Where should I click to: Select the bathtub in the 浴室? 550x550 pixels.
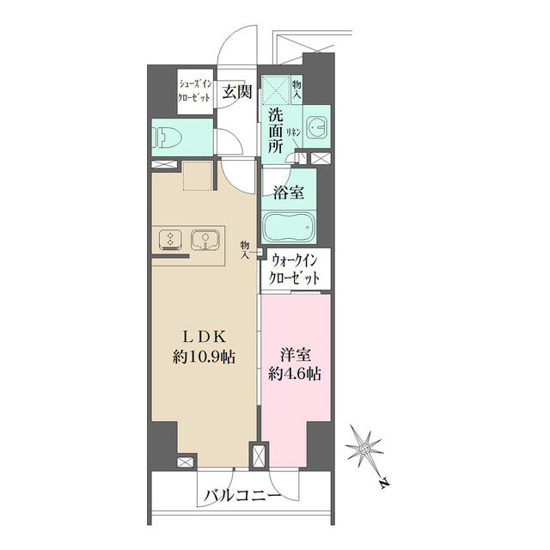pos(289,229)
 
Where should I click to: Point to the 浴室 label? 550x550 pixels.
pos(289,192)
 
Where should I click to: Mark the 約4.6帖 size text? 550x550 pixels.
pos(295,375)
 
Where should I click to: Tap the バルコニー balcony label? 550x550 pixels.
pos(241,496)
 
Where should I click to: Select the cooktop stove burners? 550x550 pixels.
pos(169,240)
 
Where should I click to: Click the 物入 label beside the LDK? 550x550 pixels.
pos(246,248)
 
